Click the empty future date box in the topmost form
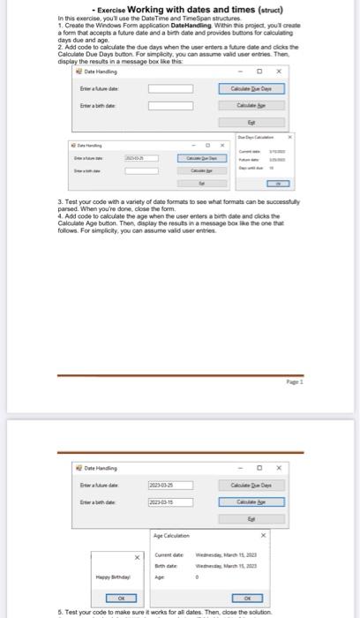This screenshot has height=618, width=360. [x=169, y=88]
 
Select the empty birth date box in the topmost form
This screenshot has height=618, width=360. [x=169, y=106]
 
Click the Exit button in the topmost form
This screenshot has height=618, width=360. [x=253, y=122]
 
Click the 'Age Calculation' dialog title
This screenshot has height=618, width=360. [x=170, y=535]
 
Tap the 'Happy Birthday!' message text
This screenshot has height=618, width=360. [x=110, y=577]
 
